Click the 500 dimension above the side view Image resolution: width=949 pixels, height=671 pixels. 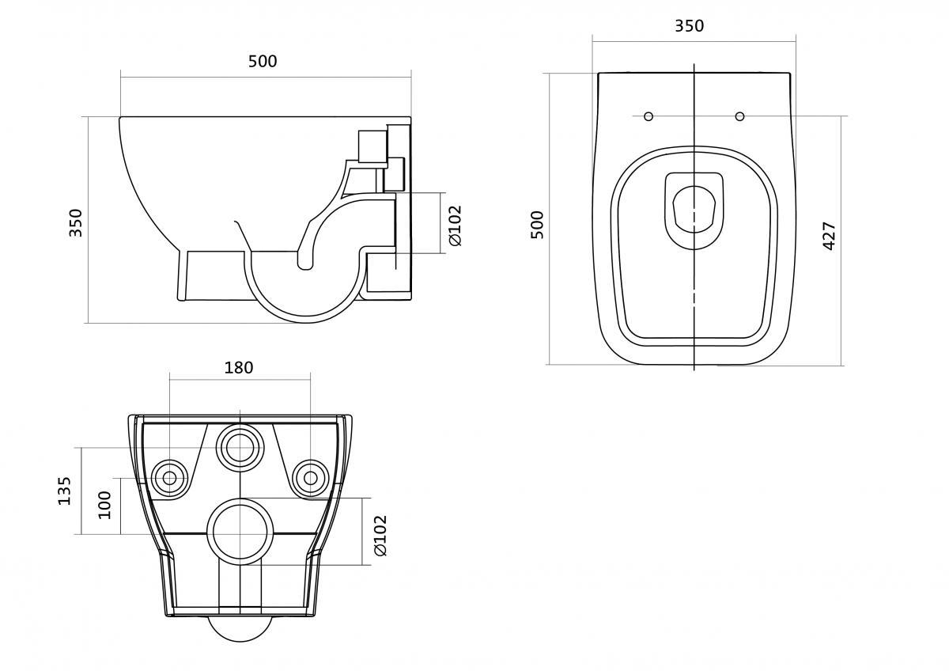click(x=263, y=61)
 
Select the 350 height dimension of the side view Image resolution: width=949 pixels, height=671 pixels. click(x=76, y=222)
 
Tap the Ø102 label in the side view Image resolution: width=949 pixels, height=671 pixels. click(x=454, y=225)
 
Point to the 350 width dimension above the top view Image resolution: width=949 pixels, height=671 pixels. click(x=689, y=26)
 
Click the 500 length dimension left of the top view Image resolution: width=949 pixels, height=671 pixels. click(x=538, y=225)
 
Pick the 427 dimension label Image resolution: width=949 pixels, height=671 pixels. click(x=830, y=236)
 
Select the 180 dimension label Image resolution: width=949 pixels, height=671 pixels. click(x=239, y=367)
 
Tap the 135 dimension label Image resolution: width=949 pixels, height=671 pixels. click(x=65, y=491)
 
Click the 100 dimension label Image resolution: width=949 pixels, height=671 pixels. click(x=104, y=504)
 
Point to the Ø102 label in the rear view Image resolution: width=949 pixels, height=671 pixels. click(x=380, y=535)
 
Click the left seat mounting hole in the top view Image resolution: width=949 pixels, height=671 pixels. click(x=648, y=116)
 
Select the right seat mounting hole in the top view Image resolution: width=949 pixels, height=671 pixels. click(x=739, y=116)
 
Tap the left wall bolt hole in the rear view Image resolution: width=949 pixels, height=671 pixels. click(x=168, y=477)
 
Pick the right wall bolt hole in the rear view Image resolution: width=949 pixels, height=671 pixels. click(x=310, y=477)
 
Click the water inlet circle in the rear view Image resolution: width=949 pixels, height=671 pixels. click(x=239, y=447)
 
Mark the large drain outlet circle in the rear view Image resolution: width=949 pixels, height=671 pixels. click(x=240, y=532)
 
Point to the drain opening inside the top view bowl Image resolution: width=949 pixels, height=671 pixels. click(x=694, y=208)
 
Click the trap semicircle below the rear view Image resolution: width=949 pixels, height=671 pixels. click(x=240, y=629)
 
